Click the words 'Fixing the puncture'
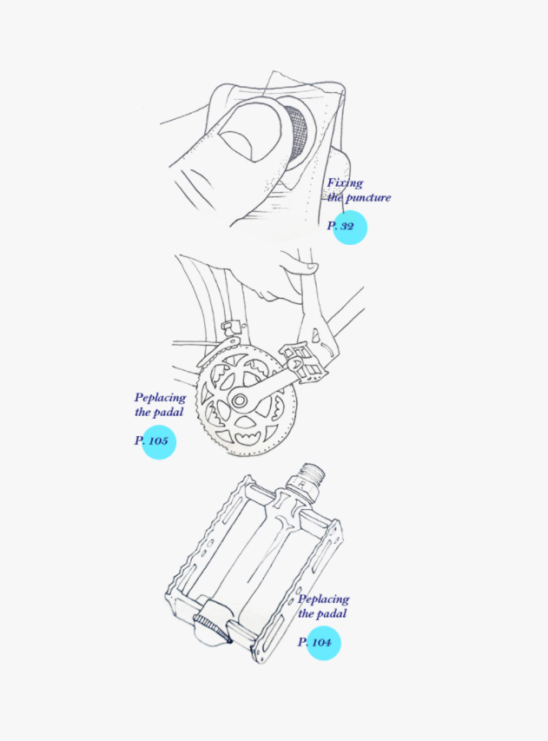tap(358, 190)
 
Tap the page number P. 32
tap(341, 226)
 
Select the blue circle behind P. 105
tap(159, 442)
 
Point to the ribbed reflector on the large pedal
tap(211, 624)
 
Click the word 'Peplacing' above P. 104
tap(323, 599)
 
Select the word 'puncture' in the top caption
tap(368, 198)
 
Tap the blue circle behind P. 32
tap(350, 228)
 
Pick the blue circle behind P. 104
tap(323, 644)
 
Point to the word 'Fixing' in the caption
tap(345, 183)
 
